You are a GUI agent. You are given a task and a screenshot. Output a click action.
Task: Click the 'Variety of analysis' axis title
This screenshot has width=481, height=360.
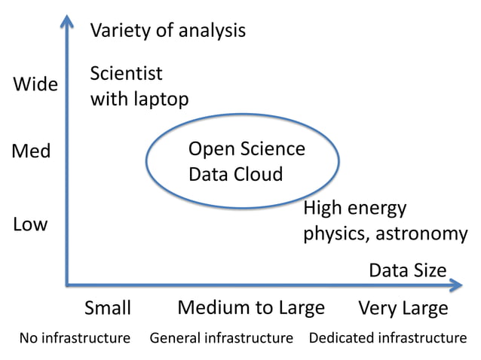pos(168,31)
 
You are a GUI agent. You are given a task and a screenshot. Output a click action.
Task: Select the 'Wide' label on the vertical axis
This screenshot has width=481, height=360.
pos(35,84)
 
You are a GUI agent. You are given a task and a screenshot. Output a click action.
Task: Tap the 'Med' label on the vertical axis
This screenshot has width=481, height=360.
pos(32,151)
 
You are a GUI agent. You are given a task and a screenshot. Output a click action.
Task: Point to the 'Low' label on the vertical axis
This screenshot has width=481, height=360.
pos(30,224)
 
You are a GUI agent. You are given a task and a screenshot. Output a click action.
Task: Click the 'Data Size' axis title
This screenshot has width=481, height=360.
pos(408,270)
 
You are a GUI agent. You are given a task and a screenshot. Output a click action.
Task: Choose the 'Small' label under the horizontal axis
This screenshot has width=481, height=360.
pos(108,308)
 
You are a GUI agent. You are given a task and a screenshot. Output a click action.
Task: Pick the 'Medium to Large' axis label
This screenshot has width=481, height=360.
pos(251,307)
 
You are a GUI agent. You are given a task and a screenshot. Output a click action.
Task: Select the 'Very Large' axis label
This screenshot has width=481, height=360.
pos(403,308)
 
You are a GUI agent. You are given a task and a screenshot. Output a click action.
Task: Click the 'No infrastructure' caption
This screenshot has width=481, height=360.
pos(75,337)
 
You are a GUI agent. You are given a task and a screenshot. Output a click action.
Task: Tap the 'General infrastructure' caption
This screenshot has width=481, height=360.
pos(221,337)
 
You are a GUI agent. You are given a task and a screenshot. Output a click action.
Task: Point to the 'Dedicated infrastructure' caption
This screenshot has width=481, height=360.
pos(388,337)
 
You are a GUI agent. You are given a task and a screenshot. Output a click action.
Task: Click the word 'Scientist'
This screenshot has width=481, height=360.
pos(126,74)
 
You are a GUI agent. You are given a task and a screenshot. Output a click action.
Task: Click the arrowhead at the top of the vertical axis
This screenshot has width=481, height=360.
pos(67,21)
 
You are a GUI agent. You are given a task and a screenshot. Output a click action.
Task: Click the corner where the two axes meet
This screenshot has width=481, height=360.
pos(68,285)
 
